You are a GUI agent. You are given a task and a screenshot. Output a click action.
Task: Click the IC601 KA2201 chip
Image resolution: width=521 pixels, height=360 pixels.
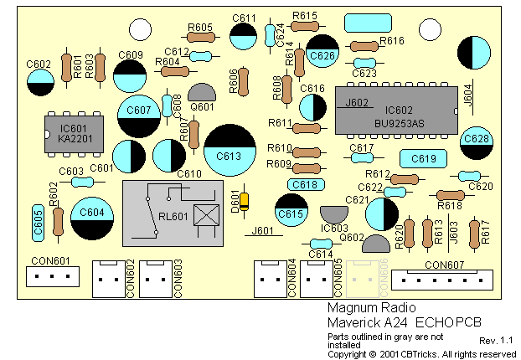click(x=68, y=134)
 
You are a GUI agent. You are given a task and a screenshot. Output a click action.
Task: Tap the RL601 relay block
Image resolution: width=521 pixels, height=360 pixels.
click(x=174, y=213)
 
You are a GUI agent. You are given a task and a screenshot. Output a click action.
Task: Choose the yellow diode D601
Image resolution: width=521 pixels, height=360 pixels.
click(x=244, y=201)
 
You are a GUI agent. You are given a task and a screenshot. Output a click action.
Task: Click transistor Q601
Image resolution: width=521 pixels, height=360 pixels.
click(x=203, y=95)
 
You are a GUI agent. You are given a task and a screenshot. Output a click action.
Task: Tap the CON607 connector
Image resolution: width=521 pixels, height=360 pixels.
click(x=444, y=277)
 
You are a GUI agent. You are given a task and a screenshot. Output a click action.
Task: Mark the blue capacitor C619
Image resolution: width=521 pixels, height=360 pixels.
click(x=424, y=158)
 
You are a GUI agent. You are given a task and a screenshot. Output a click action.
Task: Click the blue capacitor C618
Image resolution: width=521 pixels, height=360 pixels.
click(x=307, y=184)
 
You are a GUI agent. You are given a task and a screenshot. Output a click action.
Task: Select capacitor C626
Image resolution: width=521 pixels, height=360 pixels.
click(x=322, y=54)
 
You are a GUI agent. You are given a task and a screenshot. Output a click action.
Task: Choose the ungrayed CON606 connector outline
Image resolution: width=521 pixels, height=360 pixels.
click(x=363, y=275)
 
